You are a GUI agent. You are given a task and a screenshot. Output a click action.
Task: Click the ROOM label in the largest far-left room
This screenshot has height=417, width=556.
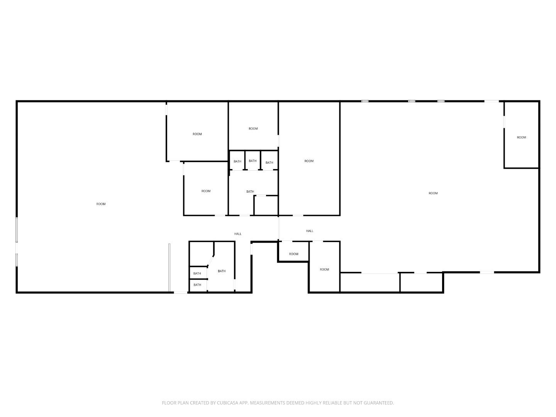coord(101,204)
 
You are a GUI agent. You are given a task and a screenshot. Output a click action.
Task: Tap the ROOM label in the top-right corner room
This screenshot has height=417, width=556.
coord(521,137)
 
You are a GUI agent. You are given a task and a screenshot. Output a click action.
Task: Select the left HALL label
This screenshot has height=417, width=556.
coord(238,234)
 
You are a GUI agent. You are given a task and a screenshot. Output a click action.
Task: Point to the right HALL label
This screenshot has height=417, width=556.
coord(310,231)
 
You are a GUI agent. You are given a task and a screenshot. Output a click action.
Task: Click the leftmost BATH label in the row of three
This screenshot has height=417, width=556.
coord(237,161)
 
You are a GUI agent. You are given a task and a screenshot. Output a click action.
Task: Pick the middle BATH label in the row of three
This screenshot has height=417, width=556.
coord(253,161)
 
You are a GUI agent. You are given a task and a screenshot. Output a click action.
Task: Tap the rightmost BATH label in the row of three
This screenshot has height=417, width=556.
coord(269,163)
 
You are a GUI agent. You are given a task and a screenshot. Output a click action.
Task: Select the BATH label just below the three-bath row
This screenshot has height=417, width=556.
coord(250,192)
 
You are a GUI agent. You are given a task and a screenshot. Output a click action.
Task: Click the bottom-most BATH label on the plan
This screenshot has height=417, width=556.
coord(197,285)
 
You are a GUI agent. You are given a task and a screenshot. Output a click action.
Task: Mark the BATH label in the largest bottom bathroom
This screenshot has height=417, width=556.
coord(222,271)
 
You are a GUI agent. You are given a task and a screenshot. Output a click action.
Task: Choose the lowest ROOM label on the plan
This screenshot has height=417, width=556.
coord(324,270)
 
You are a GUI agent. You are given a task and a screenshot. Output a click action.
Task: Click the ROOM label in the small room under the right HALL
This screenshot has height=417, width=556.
coord(293,254)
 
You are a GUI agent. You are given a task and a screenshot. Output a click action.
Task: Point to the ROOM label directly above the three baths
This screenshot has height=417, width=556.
coord(253,129)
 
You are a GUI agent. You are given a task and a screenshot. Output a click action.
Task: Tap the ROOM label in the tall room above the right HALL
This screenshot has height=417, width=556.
coord(309,161)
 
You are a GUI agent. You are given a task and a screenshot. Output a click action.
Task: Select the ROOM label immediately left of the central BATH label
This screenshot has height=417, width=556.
coord(206,191)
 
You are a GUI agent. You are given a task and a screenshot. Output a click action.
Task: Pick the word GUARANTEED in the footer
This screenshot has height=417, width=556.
coord(378,403)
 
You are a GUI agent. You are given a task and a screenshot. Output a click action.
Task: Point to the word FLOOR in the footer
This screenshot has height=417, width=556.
coord(169,403)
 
